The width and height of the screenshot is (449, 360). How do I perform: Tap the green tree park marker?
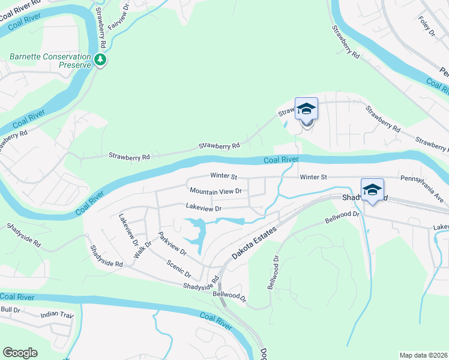coord(100,59)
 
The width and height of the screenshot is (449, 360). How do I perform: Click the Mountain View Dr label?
coord(215,191)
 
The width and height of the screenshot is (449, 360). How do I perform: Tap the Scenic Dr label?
coord(179,268)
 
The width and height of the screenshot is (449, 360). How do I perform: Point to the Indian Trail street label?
coord(56,314)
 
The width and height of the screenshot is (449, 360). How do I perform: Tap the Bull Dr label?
coord(11,310)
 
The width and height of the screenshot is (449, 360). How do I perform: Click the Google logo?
coord(20,353)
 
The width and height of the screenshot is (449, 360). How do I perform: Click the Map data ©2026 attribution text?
coord(424,355)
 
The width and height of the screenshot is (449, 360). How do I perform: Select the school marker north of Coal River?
coord(306,110)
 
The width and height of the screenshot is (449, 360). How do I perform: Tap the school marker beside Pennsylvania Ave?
coord(372,190)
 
